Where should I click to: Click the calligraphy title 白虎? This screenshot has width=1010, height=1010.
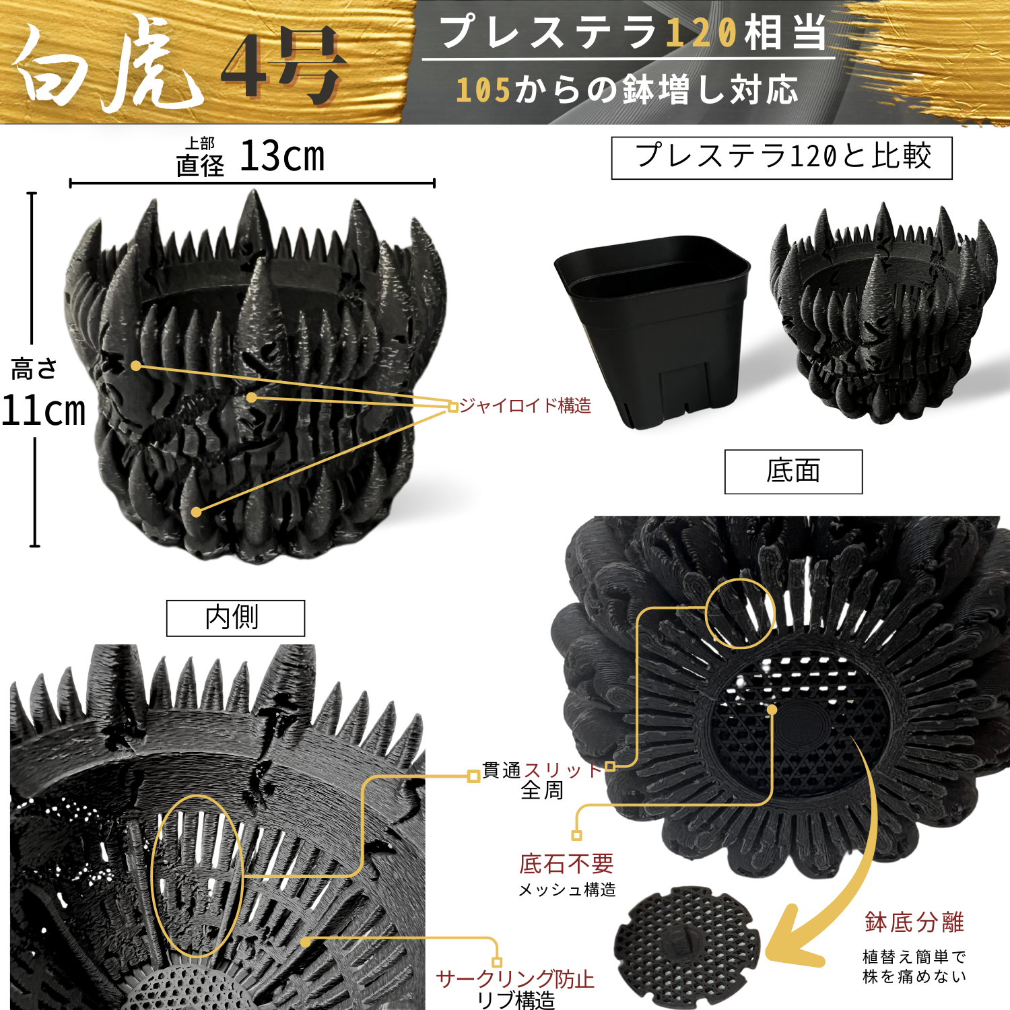coord(108,64)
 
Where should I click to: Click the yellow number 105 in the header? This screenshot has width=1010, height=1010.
coord(483,90)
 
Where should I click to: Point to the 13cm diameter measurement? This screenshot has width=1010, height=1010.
coord(282,157)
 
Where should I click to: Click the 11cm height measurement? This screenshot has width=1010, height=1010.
coord(44,410)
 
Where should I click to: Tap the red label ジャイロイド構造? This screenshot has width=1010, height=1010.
coord(525,405)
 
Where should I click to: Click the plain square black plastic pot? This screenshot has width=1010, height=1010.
coord(651,330)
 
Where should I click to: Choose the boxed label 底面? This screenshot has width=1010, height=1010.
coord(793,471)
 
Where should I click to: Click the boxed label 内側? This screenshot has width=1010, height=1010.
coord(236,617)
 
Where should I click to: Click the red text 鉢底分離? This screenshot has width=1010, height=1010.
coord(914,922)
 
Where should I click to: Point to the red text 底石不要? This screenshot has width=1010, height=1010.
coord(566,863)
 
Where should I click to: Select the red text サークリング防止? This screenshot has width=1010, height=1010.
coord(515,979)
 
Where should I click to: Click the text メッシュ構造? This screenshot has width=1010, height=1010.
coord(567,890)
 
